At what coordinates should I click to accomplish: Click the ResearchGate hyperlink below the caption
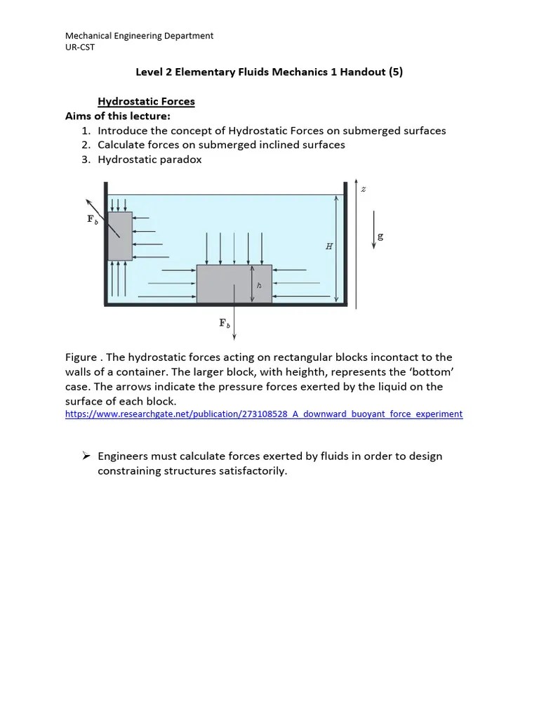pos(264,414)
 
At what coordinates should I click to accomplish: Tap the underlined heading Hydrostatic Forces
pos(146,102)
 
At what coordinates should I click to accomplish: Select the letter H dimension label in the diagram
pos(328,246)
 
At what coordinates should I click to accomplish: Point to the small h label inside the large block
pos(258,285)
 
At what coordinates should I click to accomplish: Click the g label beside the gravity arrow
pos(380,237)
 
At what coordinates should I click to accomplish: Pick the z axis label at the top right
pos(363,188)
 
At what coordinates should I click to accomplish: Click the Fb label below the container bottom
pos(225,323)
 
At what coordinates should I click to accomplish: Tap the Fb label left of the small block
pos(92,219)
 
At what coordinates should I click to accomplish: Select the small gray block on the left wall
pos(120,236)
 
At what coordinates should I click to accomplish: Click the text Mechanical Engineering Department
pos(139,36)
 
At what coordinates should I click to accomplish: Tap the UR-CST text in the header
pos(81,47)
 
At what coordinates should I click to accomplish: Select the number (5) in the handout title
pos(395,72)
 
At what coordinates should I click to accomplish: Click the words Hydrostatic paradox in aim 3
pos(149,159)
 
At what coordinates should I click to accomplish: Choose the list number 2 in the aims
pos(85,145)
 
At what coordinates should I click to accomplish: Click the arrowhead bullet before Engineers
pos(87,456)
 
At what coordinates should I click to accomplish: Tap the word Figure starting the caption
pos(81,358)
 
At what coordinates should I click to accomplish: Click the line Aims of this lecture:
pos(118,116)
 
